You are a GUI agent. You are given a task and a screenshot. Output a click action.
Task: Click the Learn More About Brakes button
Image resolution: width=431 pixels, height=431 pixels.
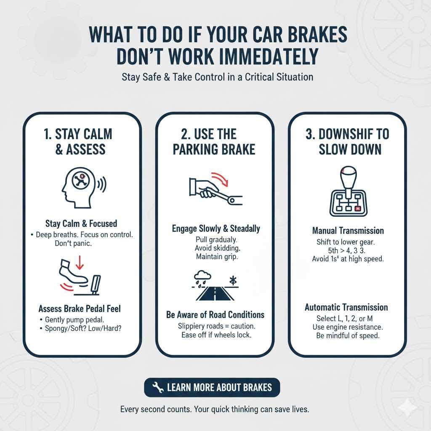tap(212, 387)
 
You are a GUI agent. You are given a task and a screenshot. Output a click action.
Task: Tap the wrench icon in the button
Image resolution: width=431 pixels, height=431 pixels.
tap(158, 388)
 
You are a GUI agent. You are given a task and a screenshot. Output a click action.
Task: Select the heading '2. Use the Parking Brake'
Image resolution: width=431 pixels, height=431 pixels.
tap(214, 142)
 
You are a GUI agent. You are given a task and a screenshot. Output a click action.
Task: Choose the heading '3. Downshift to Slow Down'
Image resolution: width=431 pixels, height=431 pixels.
tap(347, 142)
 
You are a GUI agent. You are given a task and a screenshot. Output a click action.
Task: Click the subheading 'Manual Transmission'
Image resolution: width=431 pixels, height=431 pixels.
tap(348, 231)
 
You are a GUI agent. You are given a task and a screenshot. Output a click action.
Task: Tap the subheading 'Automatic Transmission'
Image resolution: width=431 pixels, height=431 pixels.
tap(346, 307)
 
